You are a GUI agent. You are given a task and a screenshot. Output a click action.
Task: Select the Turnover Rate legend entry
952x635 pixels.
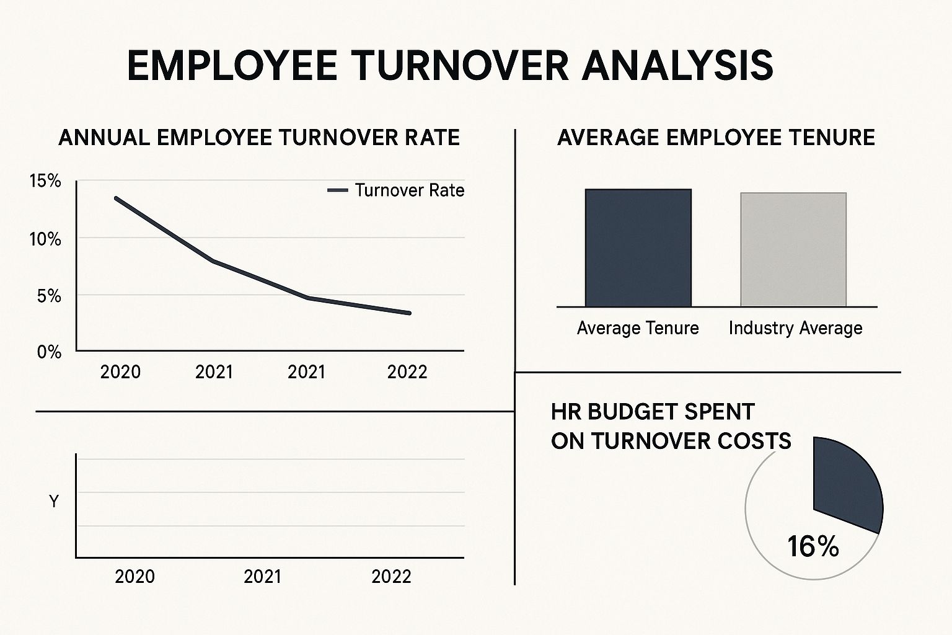point(396,190)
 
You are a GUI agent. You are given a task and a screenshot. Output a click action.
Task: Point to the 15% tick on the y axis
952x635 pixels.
point(45,181)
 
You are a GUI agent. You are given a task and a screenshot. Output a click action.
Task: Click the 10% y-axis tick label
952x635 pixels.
point(45,239)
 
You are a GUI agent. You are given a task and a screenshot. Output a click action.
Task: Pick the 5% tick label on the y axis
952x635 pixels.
point(49,296)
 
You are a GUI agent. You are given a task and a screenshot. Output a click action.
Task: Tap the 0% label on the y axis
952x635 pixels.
point(49,352)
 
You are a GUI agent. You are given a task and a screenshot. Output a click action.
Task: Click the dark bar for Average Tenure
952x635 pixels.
point(638,248)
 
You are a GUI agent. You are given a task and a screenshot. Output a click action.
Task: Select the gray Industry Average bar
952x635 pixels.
point(793,249)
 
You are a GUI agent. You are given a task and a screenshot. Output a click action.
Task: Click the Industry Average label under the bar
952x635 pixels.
point(795,328)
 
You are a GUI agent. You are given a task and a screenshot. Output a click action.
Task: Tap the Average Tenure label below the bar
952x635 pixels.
point(638,328)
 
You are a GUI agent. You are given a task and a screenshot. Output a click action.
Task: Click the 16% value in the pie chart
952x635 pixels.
point(813,546)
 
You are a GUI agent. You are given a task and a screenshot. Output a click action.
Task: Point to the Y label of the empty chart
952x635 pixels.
point(54,501)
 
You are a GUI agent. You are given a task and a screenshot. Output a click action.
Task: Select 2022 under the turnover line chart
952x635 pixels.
point(407,372)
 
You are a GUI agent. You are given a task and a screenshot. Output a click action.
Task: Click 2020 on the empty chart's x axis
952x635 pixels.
point(134,577)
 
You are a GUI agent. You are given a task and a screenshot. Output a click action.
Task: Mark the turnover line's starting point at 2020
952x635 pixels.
point(116,198)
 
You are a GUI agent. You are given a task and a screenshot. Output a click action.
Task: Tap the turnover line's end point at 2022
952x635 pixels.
point(409,313)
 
